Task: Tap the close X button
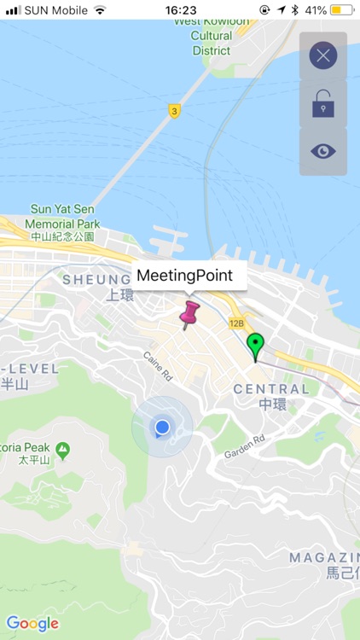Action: tap(322, 56)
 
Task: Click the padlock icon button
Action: tap(322, 104)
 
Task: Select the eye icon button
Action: tap(322, 152)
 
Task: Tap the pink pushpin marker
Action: tap(189, 312)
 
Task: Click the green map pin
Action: tap(255, 346)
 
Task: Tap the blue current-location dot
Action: tap(162, 427)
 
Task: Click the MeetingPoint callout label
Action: tap(191, 276)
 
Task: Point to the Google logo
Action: tap(32, 624)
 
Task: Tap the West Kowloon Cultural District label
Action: tap(212, 36)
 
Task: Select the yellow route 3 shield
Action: tap(174, 111)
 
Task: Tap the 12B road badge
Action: tap(236, 323)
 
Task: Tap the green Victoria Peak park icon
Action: tap(62, 449)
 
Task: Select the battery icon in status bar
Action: tap(342, 10)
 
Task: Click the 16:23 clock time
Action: tap(180, 10)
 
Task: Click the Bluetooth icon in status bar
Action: tap(294, 10)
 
